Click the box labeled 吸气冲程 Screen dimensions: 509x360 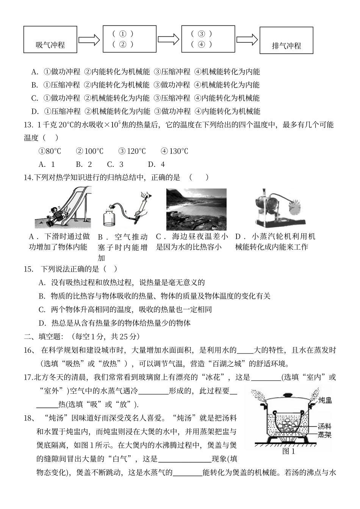(x=50, y=39)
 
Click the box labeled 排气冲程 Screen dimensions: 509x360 (x=286, y=41)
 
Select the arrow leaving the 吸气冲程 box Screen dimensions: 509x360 (x=89, y=40)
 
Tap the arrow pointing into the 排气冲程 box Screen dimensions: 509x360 (x=247, y=40)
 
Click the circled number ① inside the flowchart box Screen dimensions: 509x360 (x=122, y=33)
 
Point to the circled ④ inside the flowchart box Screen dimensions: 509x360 (x=201, y=44)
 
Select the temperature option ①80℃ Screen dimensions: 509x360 (x=50, y=151)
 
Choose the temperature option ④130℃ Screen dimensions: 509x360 (x=174, y=151)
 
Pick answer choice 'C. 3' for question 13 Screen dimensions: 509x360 (x=115, y=164)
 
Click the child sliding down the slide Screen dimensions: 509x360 (x=56, y=213)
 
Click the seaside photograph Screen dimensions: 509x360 (x=196, y=209)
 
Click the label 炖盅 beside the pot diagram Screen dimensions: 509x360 (x=325, y=401)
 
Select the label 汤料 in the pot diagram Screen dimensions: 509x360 (x=325, y=426)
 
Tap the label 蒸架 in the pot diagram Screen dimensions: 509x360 (x=325, y=435)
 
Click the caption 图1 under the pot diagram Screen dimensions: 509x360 (x=289, y=451)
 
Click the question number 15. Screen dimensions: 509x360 (x=29, y=269)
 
